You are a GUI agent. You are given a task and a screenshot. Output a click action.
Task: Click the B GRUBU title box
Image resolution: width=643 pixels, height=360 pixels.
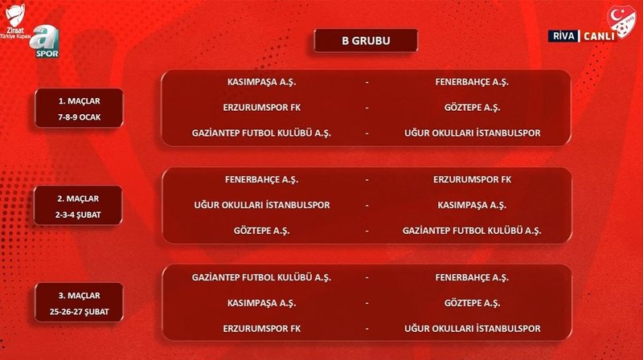(366, 40)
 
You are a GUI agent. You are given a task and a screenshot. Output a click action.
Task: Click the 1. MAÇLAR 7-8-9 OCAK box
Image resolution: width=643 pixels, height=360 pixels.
(79, 108)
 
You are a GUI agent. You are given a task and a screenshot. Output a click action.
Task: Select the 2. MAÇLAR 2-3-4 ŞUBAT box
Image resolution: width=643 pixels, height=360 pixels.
(79, 205)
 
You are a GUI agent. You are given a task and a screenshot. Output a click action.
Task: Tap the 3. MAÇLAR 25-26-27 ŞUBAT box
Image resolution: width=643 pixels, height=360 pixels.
(79, 302)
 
